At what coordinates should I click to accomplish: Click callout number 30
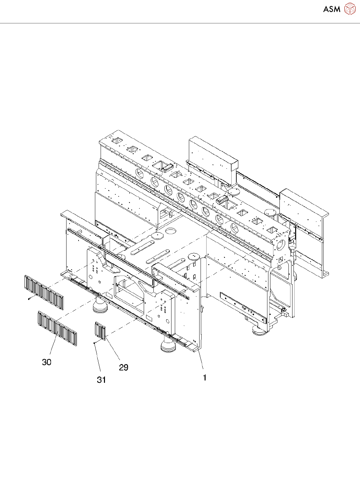pos(47,362)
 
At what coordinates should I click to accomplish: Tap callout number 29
pos(124,367)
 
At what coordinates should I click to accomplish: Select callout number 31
pos(102,380)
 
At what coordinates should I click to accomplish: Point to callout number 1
pos(204,378)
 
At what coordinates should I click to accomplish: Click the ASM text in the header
pos(332,9)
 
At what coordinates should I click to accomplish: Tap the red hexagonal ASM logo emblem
pos(350,9)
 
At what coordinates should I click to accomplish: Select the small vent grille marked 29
pos(100,331)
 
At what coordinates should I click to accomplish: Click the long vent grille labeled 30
pos(57,328)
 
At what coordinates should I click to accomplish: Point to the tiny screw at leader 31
pos(95,343)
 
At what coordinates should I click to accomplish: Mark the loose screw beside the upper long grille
pos(29,299)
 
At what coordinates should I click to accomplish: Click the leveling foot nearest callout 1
pos(168,346)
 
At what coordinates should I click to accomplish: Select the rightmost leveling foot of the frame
pos(259,330)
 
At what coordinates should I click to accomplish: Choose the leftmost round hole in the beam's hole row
pos(139,173)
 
